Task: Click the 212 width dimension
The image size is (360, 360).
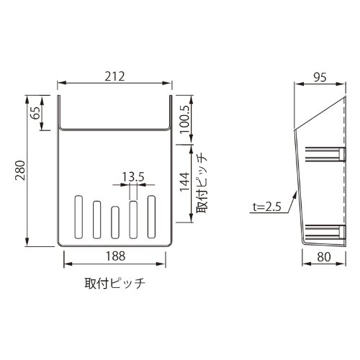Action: pos(114,76)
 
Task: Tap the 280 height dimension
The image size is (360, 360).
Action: pos(20,171)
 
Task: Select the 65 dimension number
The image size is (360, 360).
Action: pos(35,112)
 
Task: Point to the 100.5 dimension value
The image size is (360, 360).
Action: pos(185,120)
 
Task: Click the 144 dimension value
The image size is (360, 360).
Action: pos(185,181)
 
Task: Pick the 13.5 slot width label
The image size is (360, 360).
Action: pos(133,177)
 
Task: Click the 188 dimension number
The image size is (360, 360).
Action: pos(116,256)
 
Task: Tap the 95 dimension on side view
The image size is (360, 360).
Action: pos(320,77)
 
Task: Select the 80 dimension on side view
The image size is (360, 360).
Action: pos(324,257)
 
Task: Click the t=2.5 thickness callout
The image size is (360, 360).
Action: pos(266,207)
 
